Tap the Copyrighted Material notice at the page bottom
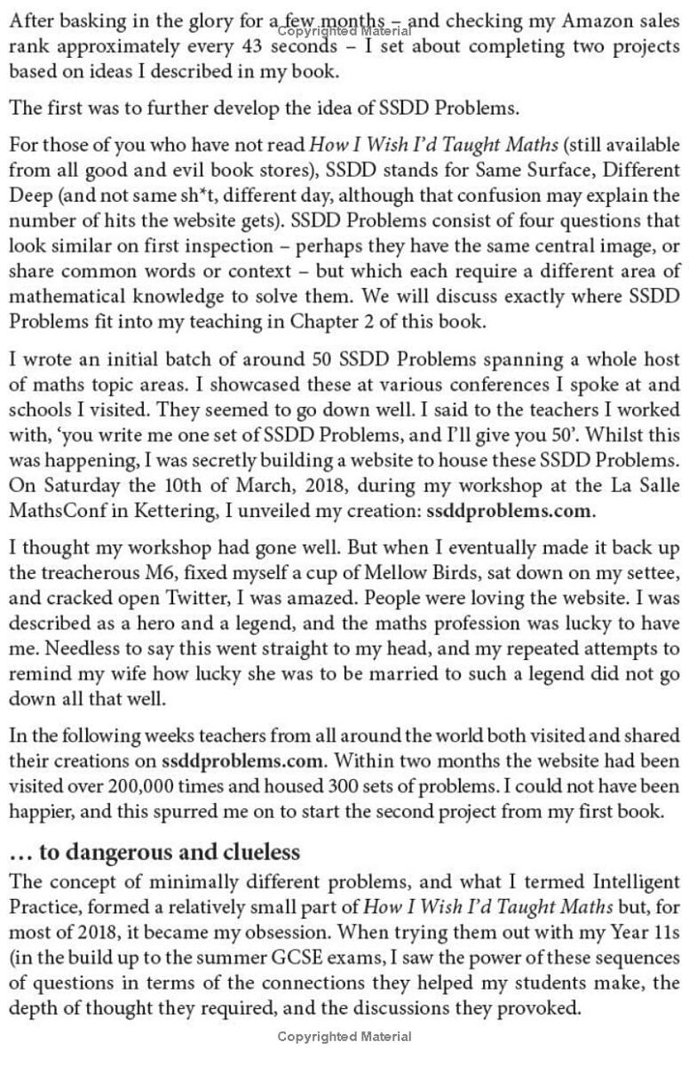[344, 1036]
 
